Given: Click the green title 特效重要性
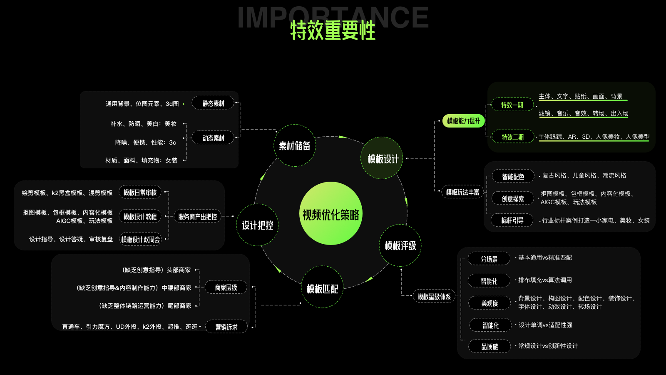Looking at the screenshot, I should pyautogui.click(x=333, y=30).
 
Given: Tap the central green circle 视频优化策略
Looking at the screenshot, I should pyautogui.click(x=331, y=214).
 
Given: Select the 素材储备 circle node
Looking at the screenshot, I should pyautogui.click(x=295, y=145).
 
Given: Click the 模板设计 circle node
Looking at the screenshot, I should pyautogui.click(x=383, y=158).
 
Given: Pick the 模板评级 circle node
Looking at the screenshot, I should pyautogui.click(x=400, y=245).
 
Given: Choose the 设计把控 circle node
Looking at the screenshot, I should pyautogui.click(x=257, y=225).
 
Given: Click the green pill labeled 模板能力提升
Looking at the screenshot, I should pyautogui.click(x=463, y=121).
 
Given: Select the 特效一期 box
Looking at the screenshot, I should pyautogui.click(x=512, y=105).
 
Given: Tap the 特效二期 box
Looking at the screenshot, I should pyautogui.click(x=512, y=137).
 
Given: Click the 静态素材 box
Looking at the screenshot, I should pyautogui.click(x=213, y=103).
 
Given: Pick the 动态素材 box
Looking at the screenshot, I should pyautogui.click(x=213, y=137).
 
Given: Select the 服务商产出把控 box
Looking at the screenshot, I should pyautogui.click(x=197, y=216).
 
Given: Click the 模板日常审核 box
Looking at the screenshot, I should pyautogui.click(x=140, y=192).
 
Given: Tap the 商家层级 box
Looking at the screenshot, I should pyautogui.click(x=226, y=287).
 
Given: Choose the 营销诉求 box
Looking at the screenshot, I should pyautogui.click(x=226, y=327).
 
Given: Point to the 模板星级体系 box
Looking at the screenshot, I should pyautogui.click(x=434, y=296).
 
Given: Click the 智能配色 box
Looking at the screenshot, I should pyautogui.click(x=513, y=177).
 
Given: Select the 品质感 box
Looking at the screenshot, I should pyautogui.click(x=490, y=346).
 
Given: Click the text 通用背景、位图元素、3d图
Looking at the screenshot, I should pyautogui.click(x=142, y=104).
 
